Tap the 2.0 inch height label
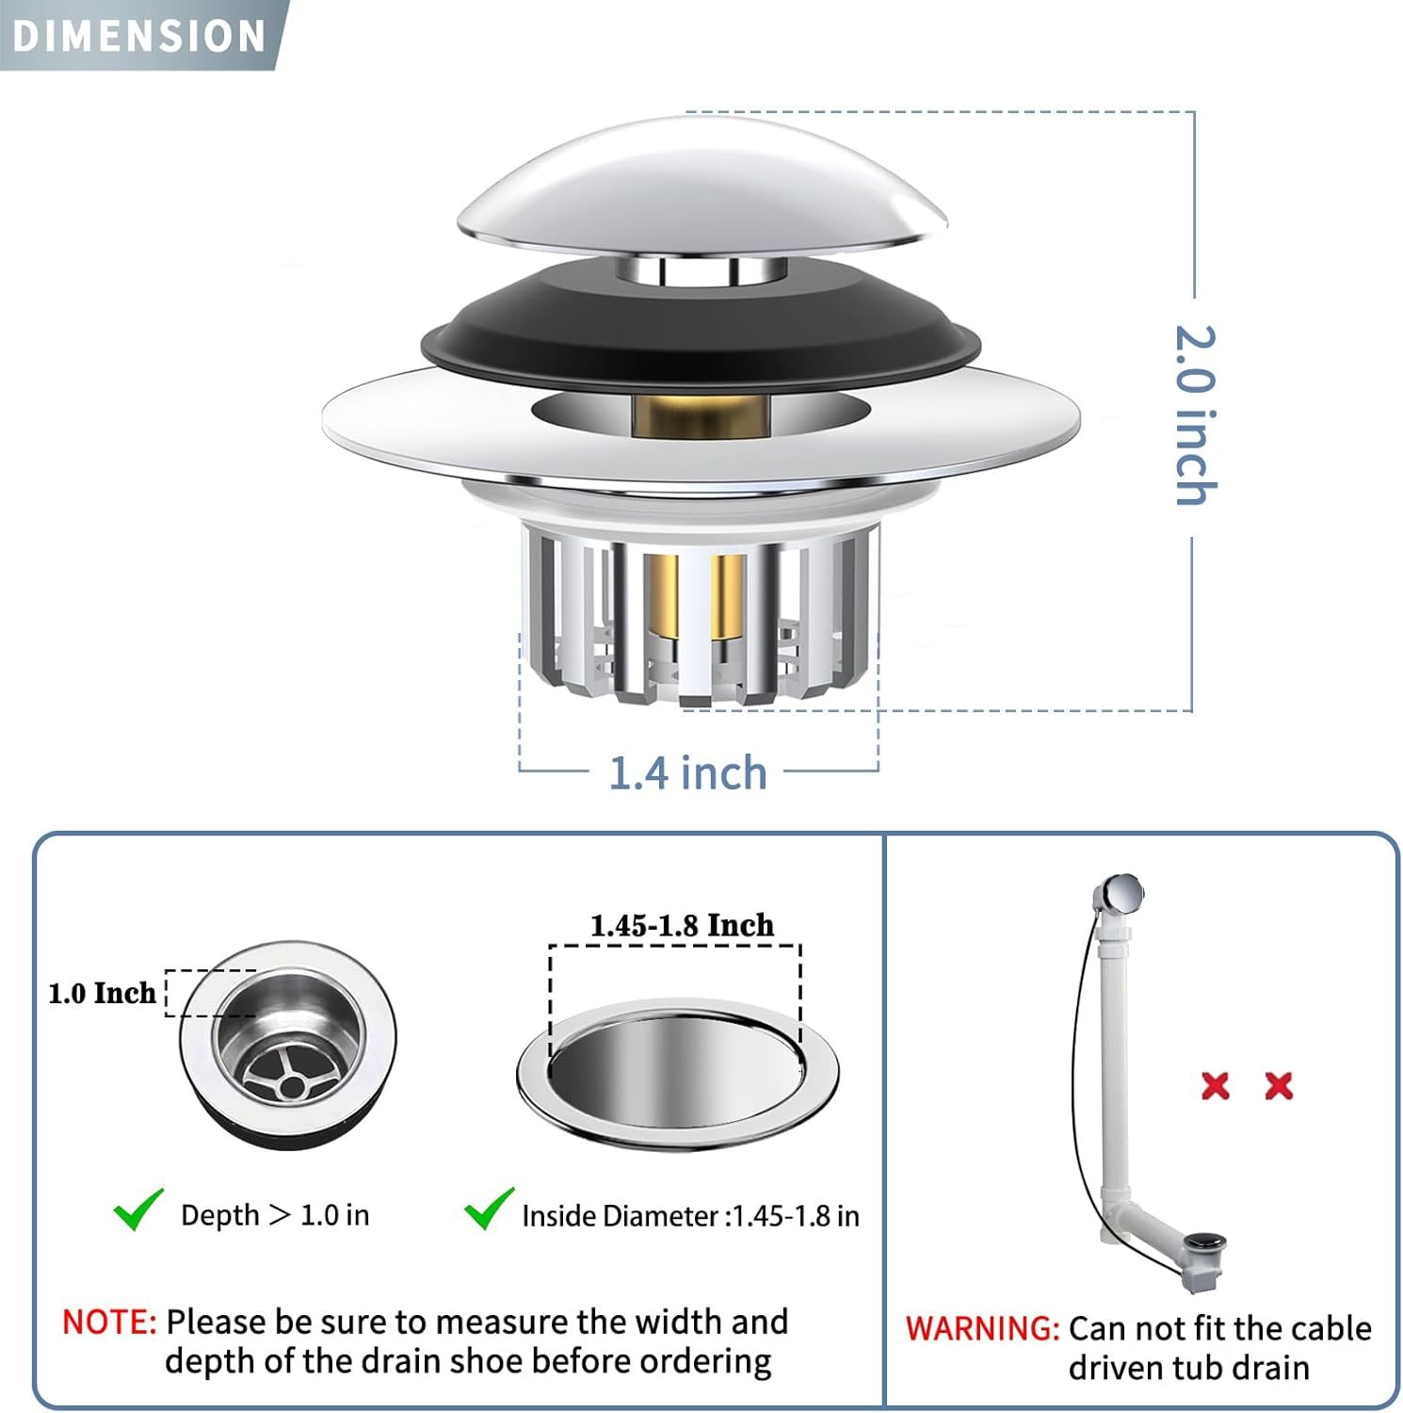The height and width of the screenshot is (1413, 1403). (1196, 415)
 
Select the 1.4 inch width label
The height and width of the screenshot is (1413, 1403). (688, 772)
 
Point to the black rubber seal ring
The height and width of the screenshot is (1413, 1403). (701, 325)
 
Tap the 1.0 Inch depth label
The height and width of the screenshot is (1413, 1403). (102, 993)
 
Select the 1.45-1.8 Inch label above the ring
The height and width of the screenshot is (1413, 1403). (682, 925)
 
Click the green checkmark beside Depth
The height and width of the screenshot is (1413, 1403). (138, 1210)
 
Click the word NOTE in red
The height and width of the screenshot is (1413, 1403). (109, 1322)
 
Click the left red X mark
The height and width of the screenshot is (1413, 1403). (1216, 1086)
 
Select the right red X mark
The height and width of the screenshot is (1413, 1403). (1279, 1086)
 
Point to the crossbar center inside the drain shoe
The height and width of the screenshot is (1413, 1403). (291, 1087)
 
